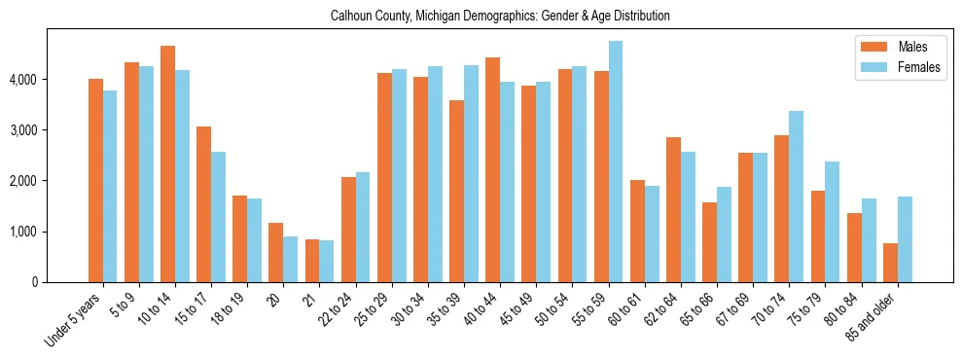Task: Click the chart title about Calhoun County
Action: (x=500, y=17)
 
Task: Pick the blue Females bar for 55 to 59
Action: (x=616, y=162)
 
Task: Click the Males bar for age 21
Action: (x=312, y=261)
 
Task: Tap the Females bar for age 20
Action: (x=290, y=259)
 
